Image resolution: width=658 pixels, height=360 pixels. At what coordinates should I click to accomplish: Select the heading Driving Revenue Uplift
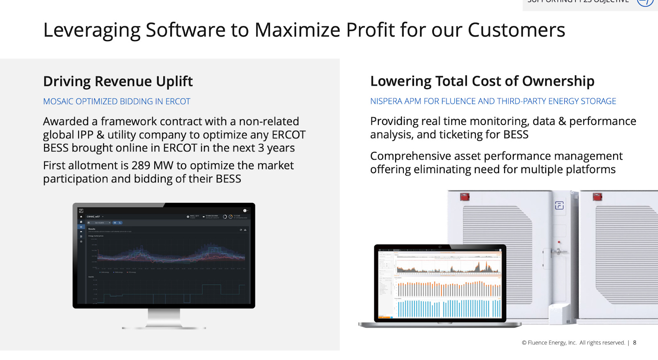tap(118, 81)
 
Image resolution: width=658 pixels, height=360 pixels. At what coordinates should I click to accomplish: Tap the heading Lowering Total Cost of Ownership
tap(482, 81)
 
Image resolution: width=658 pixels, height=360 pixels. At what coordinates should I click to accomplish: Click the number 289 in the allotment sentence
tap(141, 165)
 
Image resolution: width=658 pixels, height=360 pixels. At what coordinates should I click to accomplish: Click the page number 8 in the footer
tap(635, 343)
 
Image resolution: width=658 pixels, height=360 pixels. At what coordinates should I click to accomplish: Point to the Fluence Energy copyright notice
tap(573, 343)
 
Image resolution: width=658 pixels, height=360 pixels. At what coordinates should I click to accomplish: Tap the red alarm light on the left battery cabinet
tap(465, 196)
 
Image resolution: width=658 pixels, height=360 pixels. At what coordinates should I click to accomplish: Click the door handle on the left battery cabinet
tap(558, 251)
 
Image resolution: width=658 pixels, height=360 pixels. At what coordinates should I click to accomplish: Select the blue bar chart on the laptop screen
tap(448, 308)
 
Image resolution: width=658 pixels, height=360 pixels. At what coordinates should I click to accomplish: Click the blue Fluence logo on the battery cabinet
tap(559, 205)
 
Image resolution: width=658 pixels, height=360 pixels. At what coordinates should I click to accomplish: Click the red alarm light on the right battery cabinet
tap(598, 197)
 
